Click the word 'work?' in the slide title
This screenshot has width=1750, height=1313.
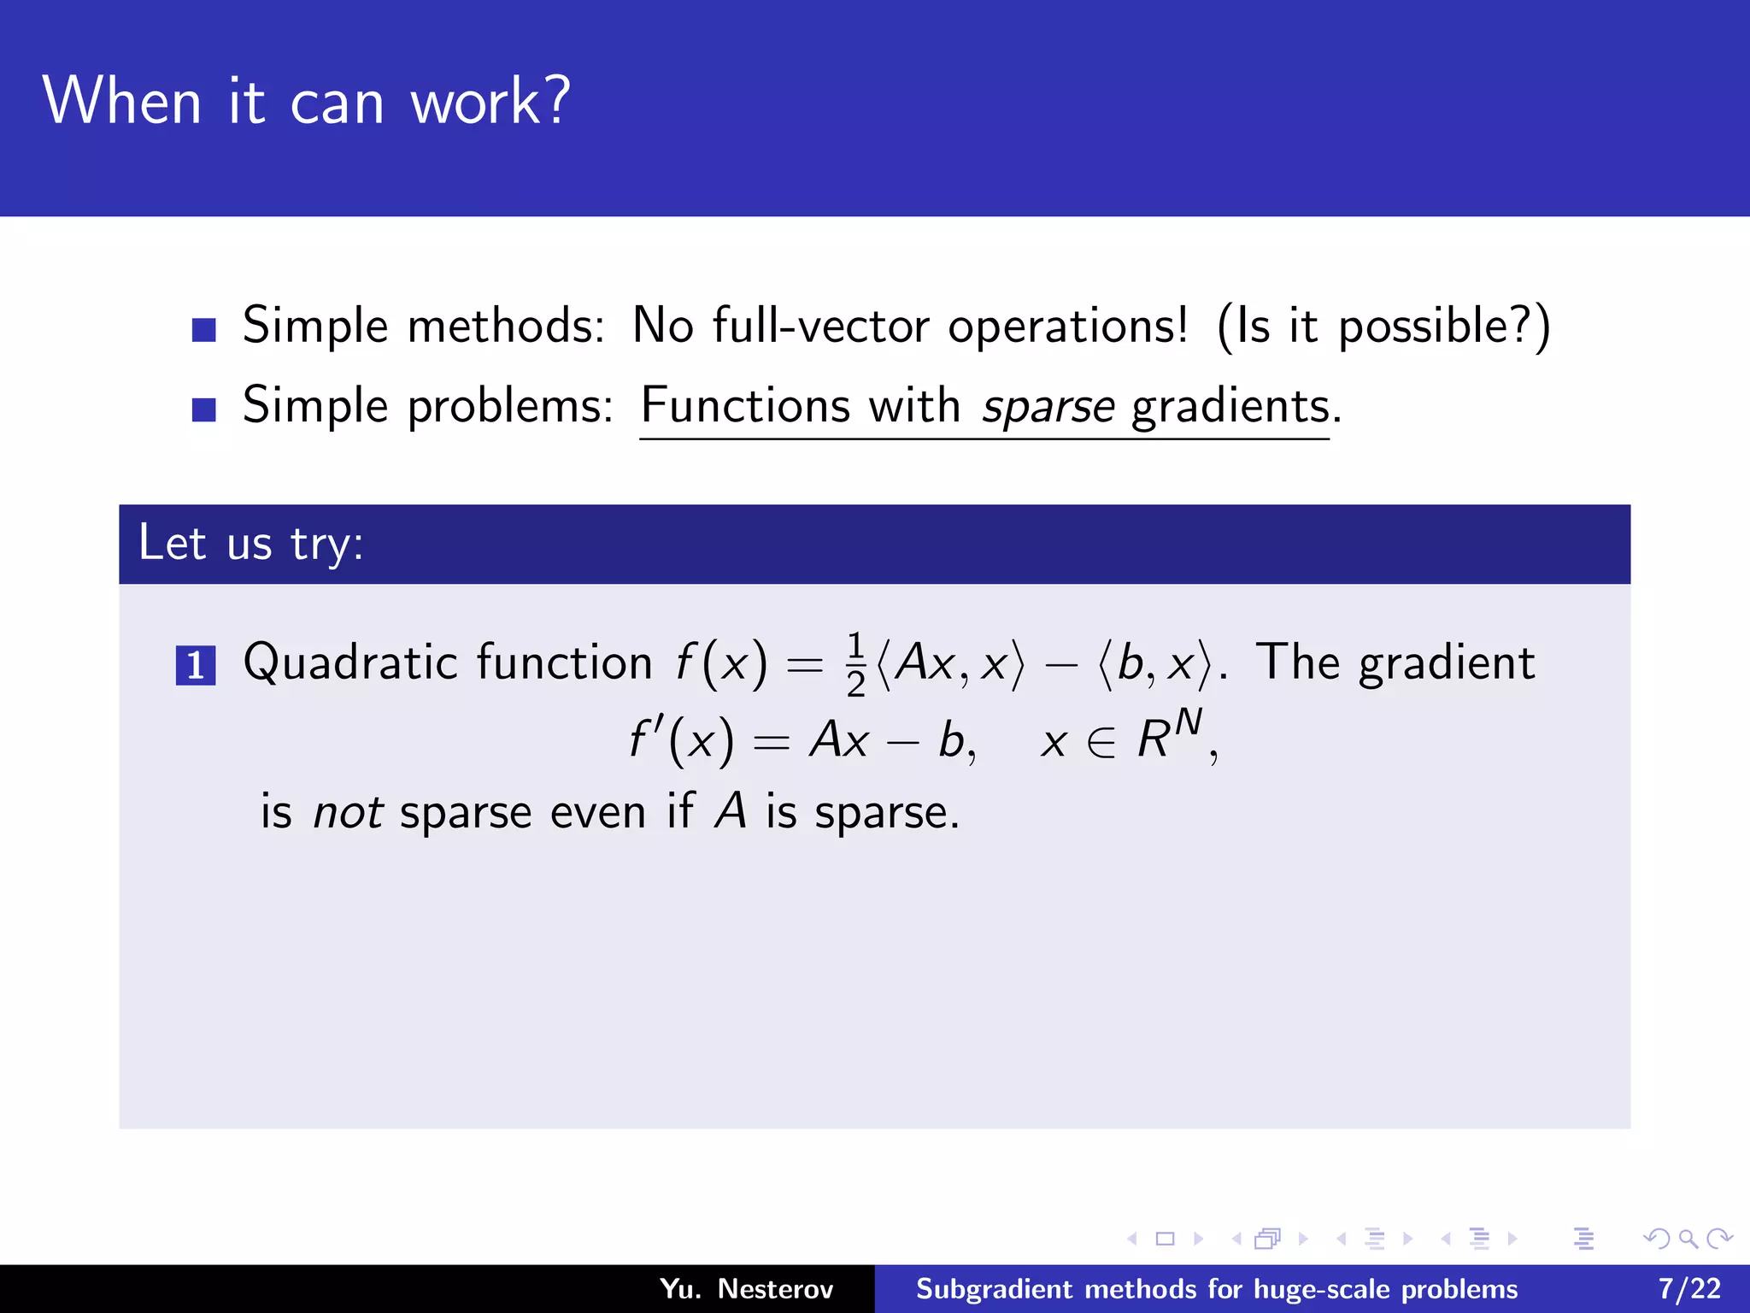pos(490,102)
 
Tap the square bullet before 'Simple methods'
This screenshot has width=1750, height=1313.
pos(203,329)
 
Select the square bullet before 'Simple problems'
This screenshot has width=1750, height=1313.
pos(203,409)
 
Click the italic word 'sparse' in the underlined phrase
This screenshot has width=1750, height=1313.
pos(1048,407)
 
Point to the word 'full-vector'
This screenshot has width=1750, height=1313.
pos(820,326)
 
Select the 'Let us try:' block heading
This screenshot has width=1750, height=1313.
pos(251,544)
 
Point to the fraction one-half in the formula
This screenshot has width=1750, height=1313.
pos(855,665)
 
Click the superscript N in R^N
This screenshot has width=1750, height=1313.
pos(1188,724)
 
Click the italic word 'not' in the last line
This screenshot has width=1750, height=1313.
pos(348,812)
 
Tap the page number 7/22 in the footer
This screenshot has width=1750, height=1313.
pos(1689,1288)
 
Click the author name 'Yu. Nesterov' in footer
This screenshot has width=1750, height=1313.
pos(746,1288)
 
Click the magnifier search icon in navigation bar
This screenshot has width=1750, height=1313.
pos(1688,1239)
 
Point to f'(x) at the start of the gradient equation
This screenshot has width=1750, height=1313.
pos(681,740)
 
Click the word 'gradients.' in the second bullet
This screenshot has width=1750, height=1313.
pos(1236,407)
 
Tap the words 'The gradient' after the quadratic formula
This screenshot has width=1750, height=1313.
pos(1395,663)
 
